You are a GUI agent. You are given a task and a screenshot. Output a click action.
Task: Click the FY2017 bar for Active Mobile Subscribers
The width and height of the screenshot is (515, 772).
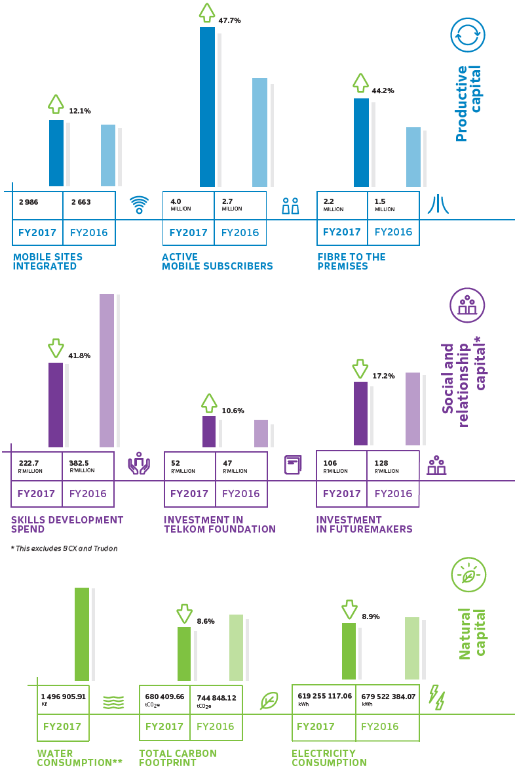pyautogui.click(x=207, y=107)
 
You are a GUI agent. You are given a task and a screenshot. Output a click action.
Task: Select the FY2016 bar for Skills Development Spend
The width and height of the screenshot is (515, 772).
pyautogui.click(x=107, y=370)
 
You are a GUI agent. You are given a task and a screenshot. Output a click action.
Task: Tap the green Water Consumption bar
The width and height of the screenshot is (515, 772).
pyautogui.click(x=82, y=634)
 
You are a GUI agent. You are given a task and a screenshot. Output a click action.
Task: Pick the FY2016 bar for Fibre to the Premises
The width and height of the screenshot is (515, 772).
pyautogui.click(x=413, y=157)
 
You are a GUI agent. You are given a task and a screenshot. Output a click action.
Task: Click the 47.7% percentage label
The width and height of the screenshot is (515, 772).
pyautogui.click(x=230, y=21)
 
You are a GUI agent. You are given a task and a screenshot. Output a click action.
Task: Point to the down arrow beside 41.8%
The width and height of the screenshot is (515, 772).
pyautogui.click(x=56, y=348)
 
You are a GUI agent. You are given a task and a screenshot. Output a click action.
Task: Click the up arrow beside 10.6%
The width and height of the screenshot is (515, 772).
pyautogui.click(x=209, y=403)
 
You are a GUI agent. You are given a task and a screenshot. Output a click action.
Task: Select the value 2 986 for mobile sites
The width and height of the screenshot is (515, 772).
pyautogui.click(x=29, y=202)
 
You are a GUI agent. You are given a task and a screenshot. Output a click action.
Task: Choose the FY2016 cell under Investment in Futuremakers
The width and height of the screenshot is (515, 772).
pyautogui.click(x=394, y=493)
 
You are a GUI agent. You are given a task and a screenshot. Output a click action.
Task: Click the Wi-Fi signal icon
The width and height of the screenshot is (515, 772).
pyautogui.click(x=139, y=205)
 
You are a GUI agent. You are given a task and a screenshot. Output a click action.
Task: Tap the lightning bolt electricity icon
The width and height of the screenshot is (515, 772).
pyautogui.click(x=437, y=697)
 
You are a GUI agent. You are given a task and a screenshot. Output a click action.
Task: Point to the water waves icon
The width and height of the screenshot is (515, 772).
pyautogui.click(x=113, y=702)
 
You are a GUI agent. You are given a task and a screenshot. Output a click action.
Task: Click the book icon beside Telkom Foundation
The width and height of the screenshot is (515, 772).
pyautogui.click(x=293, y=465)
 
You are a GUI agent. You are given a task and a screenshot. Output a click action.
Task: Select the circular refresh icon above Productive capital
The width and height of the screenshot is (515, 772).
pyautogui.click(x=468, y=35)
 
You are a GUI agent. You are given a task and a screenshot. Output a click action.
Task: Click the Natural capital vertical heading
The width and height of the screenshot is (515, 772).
pyautogui.click(x=472, y=634)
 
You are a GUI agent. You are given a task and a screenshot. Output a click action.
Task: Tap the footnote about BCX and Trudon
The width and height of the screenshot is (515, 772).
pyautogui.click(x=64, y=548)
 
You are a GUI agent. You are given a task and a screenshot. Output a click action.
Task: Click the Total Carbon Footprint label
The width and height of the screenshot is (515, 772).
pyautogui.click(x=178, y=758)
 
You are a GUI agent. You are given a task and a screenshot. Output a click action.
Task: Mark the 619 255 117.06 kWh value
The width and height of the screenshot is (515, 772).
pyautogui.click(x=324, y=699)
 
